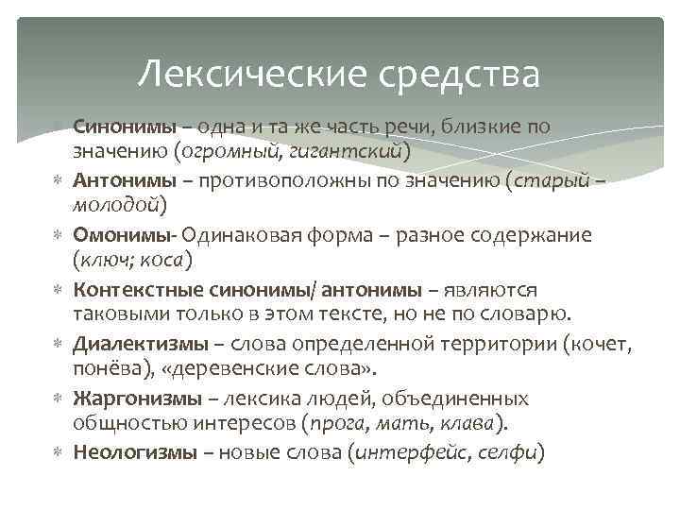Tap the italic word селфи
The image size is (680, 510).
click(507, 452)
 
